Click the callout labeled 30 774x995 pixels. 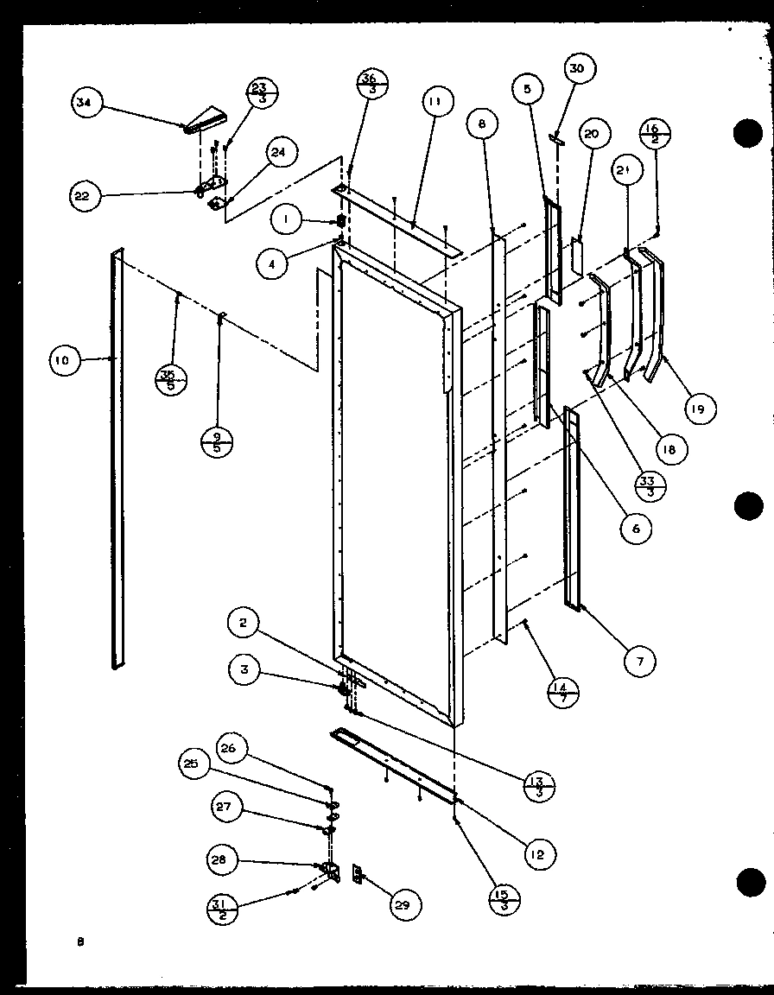(x=578, y=68)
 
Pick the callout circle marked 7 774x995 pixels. (x=640, y=662)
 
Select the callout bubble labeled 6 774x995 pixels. (x=635, y=529)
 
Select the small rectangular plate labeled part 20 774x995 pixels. (x=577, y=252)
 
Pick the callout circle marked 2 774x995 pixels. (x=244, y=623)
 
